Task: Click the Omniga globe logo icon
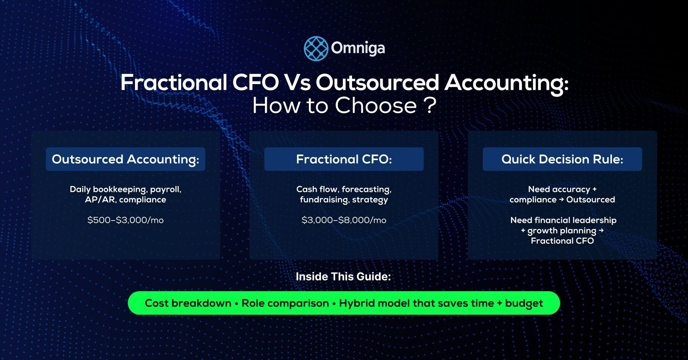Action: (x=316, y=49)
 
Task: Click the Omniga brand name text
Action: (x=358, y=49)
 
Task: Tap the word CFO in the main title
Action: (x=255, y=83)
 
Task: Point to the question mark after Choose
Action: (x=430, y=105)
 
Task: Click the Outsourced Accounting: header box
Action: (x=125, y=159)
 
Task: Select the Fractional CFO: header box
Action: (x=344, y=159)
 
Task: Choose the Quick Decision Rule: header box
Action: (x=562, y=159)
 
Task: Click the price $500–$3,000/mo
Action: (x=125, y=220)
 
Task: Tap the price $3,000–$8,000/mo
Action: (x=344, y=220)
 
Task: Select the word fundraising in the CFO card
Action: (x=324, y=200)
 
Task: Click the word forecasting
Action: (x=366, y=190)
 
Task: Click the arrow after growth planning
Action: (x=601, y=230)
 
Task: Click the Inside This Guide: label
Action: (x=343, y=276)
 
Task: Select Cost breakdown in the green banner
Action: (x=188, y=303)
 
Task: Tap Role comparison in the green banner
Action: (x=285, y=303)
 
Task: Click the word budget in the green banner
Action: (x=524, y=303)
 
